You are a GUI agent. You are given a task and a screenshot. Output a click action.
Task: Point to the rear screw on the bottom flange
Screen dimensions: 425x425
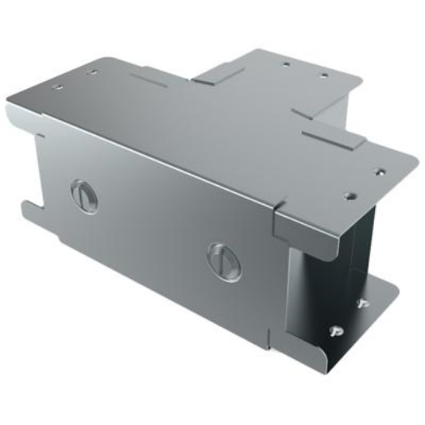click(x=362, y=303)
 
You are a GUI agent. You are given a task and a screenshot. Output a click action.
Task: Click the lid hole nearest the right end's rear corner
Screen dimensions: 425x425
click(x=379, y=171)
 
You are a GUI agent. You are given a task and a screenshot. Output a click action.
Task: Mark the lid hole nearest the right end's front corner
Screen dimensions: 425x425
click(x=349, y=197)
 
